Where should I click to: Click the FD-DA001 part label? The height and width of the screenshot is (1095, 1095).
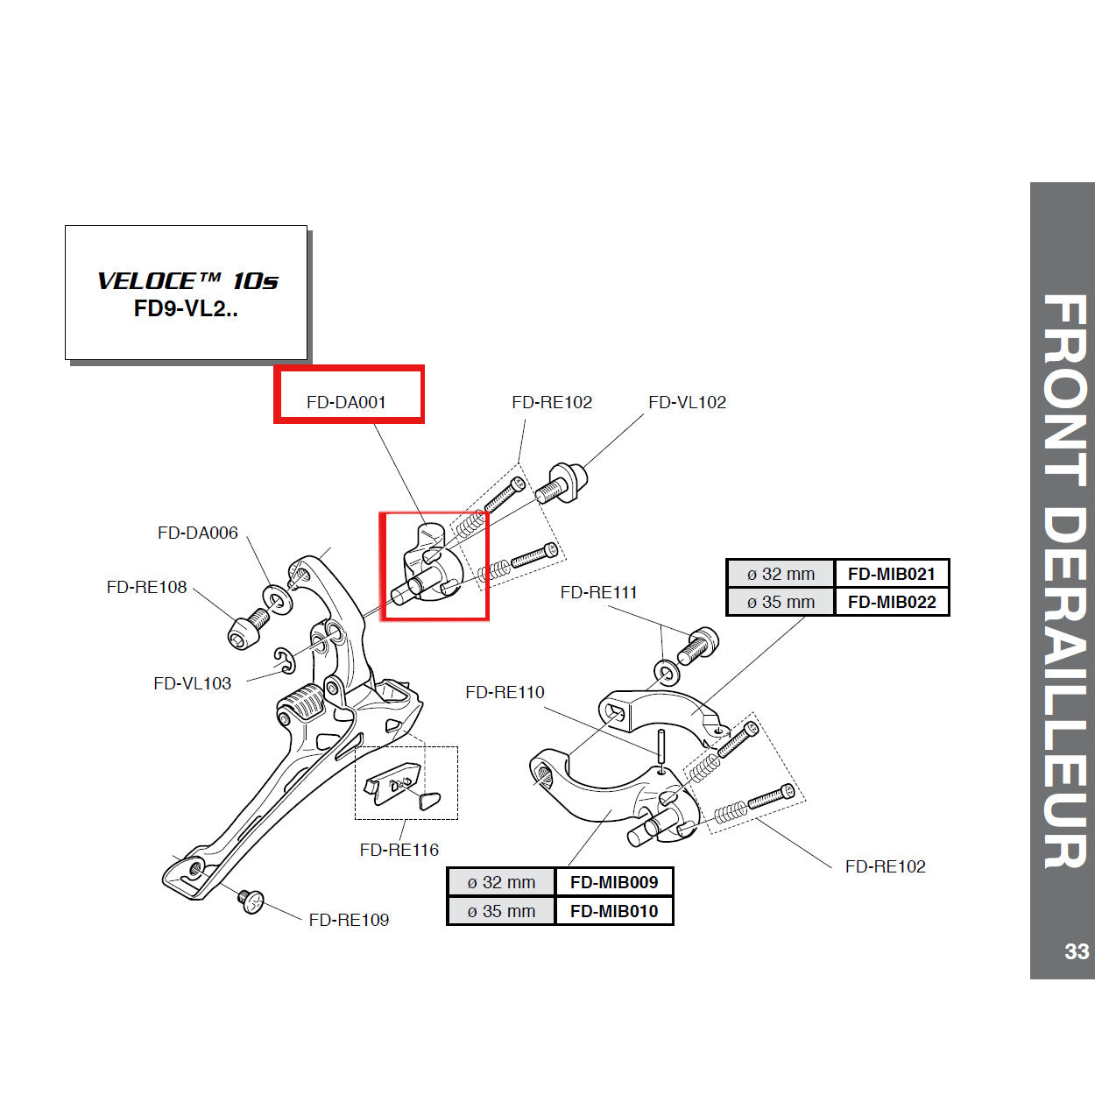(x=346, y=402)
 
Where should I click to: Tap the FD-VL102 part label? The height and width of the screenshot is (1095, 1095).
(x=687, y=402)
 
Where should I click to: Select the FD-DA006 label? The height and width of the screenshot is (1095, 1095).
(x=197, y=533)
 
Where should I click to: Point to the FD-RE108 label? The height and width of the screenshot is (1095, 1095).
(x=146, y=587)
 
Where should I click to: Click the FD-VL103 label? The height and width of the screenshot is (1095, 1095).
(x=192, y=683)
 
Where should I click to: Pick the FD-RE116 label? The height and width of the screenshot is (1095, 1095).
(x=399, y=849)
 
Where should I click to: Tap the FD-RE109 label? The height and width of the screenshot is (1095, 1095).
(x=349, y=919)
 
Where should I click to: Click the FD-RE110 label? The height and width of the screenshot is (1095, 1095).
(x=505, y=692)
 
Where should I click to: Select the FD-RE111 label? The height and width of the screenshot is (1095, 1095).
(x=598, y=592)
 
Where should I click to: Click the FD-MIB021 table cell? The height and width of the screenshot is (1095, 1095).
(x=891, y=574)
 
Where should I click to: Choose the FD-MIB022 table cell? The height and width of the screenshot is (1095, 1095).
(x=891, y=602)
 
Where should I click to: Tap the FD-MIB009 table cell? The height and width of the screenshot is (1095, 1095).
(x=613, y=882)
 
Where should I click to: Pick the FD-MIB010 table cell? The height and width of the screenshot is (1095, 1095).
(x=613, y=911)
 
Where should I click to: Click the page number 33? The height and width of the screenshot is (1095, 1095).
(x=1076, y=951)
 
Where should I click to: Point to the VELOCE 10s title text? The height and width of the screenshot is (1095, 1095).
(x=187, y=281)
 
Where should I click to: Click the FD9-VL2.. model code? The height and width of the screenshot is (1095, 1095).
(x=186, y=309)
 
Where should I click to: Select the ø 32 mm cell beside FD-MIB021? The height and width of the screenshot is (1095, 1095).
(x=781, y=574)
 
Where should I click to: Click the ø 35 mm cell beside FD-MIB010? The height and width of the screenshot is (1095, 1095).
(x=501, y=911)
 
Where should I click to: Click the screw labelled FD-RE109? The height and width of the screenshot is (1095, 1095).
(x=251, y=901)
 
